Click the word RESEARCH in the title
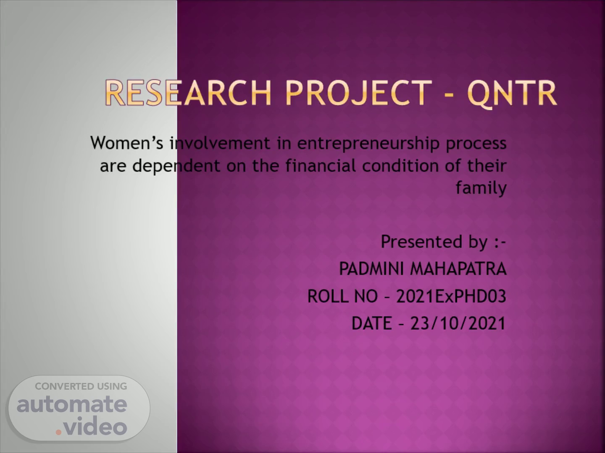(188, 93)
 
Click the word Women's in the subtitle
(127, 143)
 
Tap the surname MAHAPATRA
(458, 269)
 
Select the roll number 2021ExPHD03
(451, 297)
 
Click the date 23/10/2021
(458, 323)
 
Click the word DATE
(371, 323)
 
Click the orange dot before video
(58, 432)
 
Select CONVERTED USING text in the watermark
(81, 386)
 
